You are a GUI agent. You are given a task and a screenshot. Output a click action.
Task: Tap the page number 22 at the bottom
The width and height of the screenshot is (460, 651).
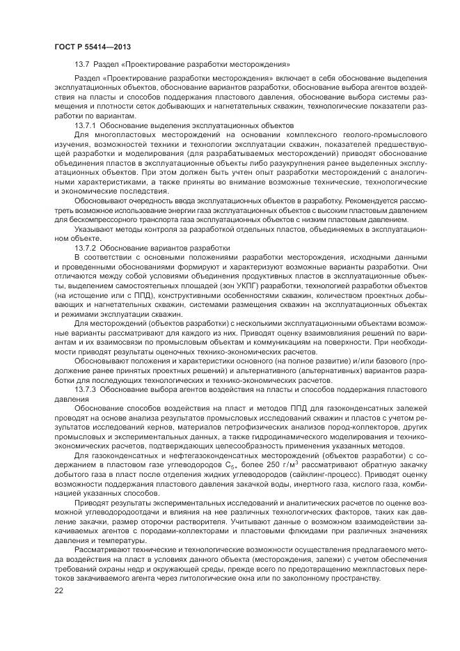pyautogui.click(x=58, y=590)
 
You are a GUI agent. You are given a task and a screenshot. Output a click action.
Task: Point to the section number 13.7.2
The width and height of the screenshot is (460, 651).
pyautogui.click(x=86, y=247)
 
